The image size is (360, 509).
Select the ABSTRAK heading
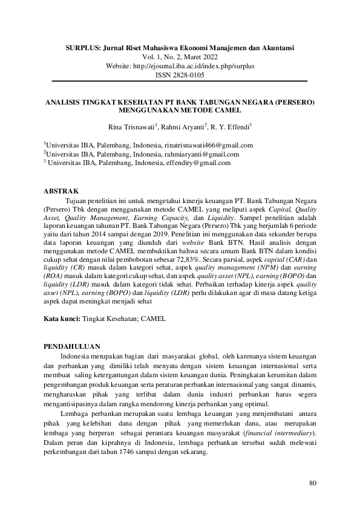[61, 191]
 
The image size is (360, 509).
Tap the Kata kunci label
[63, 318]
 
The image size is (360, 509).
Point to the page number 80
[312, 482]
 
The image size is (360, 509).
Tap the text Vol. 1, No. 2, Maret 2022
[180, 55]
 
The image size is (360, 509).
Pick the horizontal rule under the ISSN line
[180, 81]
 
